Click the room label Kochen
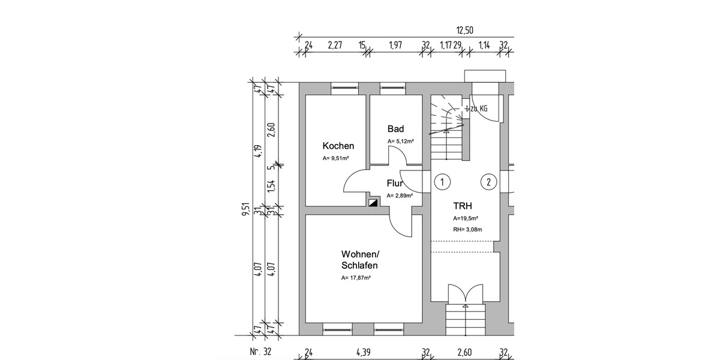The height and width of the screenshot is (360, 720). pos(338,146)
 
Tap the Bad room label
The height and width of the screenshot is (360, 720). pos(395,129)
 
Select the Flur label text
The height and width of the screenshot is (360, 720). pos(395,184)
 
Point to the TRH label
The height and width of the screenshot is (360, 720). pos(463,205)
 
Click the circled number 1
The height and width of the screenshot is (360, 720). pos(442,182)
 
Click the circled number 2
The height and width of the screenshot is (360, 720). pos(489,182)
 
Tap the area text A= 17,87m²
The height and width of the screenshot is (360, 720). pos(356,278)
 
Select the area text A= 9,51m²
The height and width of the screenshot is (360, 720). pos(336,158)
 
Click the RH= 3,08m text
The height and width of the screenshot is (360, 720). pos(468,229)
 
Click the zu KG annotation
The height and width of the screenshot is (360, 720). pos(478,109)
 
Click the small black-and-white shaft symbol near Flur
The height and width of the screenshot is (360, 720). pos(373,203)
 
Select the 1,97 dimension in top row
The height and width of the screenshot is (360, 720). pos(395,45)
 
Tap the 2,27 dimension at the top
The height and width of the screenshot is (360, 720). pos(335,45)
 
